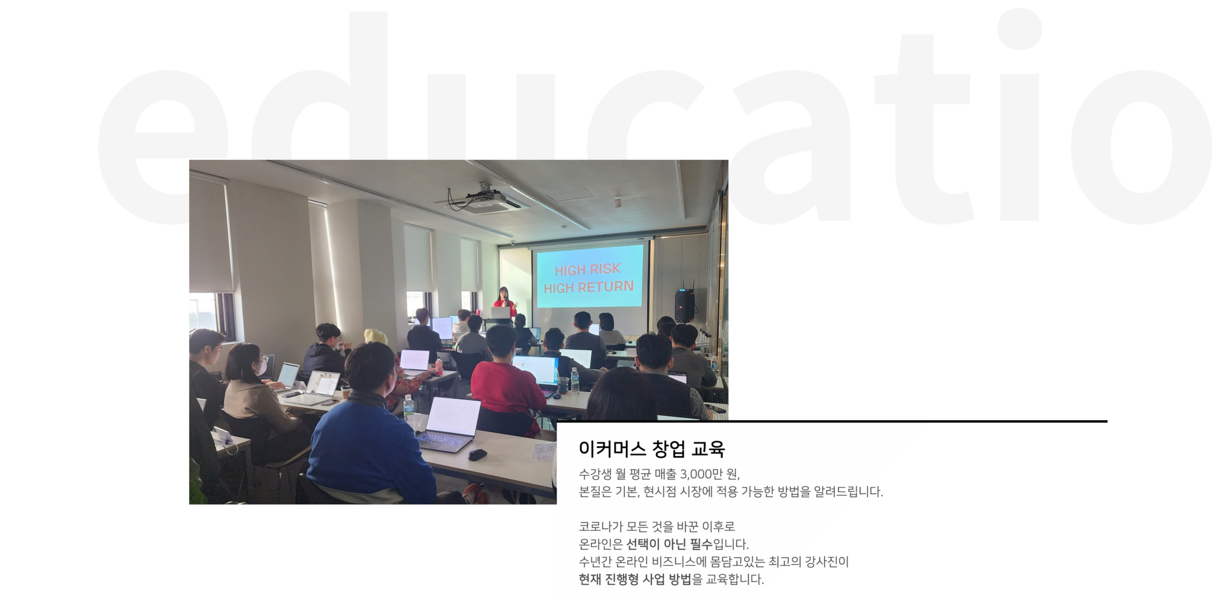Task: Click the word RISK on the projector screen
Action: point(605,269)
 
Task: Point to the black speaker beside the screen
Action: point(684,306)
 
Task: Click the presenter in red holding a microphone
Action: point(504,302)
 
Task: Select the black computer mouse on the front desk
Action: point(477,454)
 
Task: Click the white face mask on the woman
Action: point(260,367)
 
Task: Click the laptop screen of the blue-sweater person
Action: point(453,416)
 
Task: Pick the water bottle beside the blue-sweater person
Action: point(409,408)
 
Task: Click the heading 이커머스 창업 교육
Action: point(651,449)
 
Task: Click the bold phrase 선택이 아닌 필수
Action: point(669,544)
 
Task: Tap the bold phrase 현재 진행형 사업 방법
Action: point(635,579)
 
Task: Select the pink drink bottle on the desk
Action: point(438,366)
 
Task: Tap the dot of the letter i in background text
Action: point(1020,28)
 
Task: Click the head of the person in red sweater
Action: point(500,341)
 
